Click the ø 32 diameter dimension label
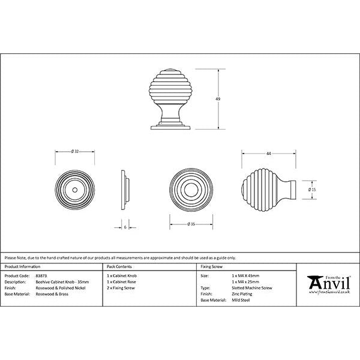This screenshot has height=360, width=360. pyautogui.click(x=74, y=151)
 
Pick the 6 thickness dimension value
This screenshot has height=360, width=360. pyautogui.click(x=125, y=227)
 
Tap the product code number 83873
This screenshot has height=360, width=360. pyautogui.click(x=41, y=275)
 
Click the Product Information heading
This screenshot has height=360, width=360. pyautogui.click(x=22, y=266)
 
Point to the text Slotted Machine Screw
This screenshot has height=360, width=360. pyautogui.click(x=251, y=287)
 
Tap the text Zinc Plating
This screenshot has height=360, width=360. pyautogui.click(x=242, y=293)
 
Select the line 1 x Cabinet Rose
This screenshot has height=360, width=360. pyautogui.click(x=122, y=281)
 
